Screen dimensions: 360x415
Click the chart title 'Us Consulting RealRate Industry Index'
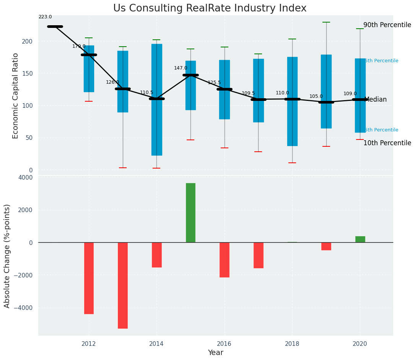point(210,8)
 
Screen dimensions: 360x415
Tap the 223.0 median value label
point(45,17)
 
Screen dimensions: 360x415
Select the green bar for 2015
point(190,212)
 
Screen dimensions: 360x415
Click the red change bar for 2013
point(123,285)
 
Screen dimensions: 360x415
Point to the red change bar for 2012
point(89,278)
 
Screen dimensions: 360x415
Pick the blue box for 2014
point(156,99)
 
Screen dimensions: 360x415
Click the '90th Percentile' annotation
point(387,25)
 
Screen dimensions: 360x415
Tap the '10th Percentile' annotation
point(387,143)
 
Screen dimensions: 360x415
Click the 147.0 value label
point(181,68)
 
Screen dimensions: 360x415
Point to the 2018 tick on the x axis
point(292,344)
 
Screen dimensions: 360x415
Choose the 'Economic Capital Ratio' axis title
point(16,96)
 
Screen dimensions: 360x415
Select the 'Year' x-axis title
point(216,353)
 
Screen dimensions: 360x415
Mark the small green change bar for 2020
point(360,239)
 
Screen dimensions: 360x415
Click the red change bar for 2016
point(224,259)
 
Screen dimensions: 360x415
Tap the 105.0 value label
point(316,96)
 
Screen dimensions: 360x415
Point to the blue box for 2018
point(292,101)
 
